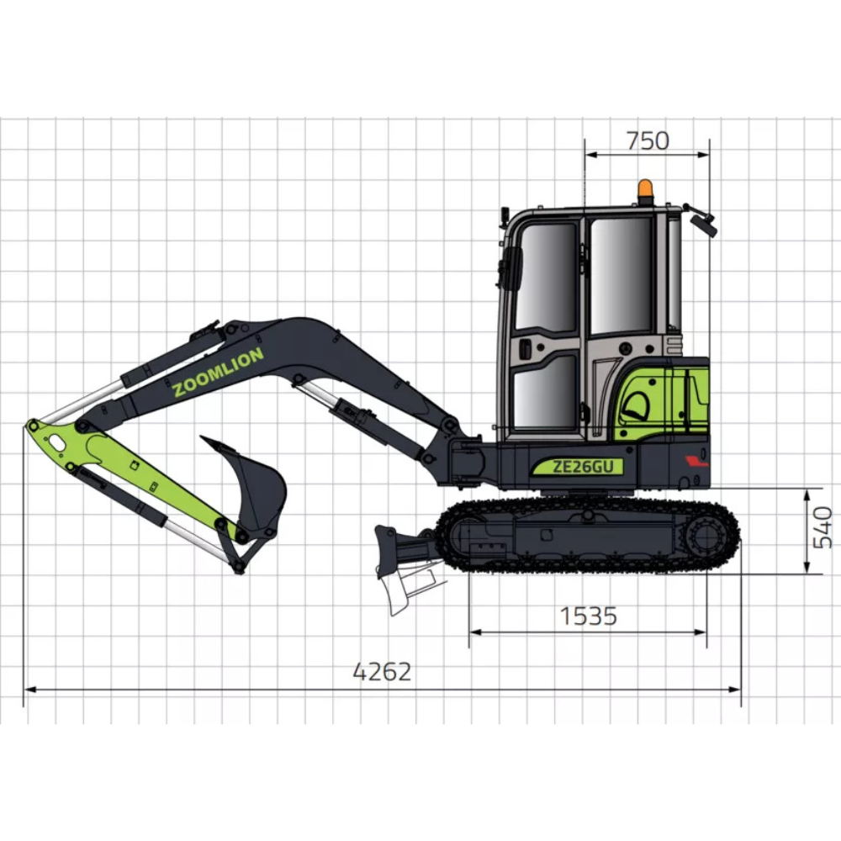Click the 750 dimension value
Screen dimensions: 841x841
pyautogui.click(x=648, y=140)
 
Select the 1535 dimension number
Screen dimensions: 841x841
pyautogui.click(x=589, y=616)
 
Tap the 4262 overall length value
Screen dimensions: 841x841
pyautogui.click(x=382, y=671)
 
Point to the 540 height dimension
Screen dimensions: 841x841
pyautogui.click(x=822, y=528)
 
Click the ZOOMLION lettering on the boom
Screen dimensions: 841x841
pyautogui.click(x=218, y=371)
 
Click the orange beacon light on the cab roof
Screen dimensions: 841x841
pyautogui.click(x=645, y=192)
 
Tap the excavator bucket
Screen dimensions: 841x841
pyautogui.click(x=248, y=485)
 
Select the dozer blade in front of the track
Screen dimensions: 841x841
pyautogui.click(x=396, y=563)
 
